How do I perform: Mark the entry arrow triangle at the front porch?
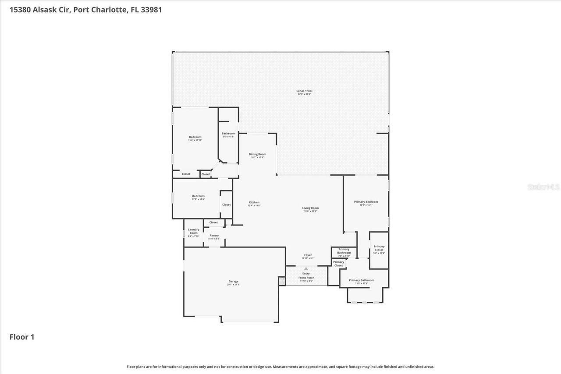[306, 269]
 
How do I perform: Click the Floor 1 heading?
[22, 337]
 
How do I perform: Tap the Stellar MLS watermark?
[543, 187]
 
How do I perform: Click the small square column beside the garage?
[281, 281]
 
